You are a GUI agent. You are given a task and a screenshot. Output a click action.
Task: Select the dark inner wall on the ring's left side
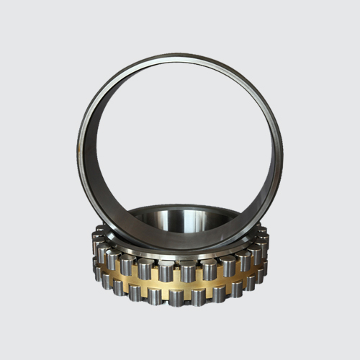pyautogui.click(x=89, y=155)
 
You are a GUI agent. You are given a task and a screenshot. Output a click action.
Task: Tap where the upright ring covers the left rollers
pyautogui.click(x=108, y=230)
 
